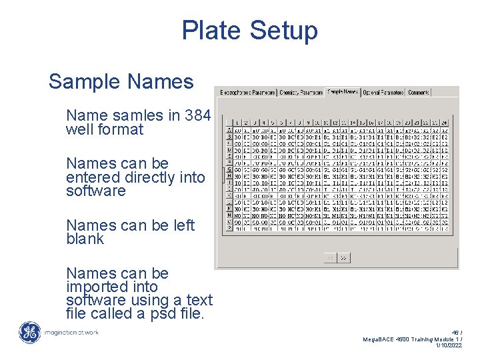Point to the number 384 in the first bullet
tap(198, 115)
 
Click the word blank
tap(85, 239)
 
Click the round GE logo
tap(29, 332)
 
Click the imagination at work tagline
tap(71, 332)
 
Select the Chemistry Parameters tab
tap(301, 92)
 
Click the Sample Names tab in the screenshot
tap(343, 91)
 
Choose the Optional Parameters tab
tap(383, 92)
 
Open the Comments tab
tap(418, 92)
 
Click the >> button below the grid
tap(344, 257)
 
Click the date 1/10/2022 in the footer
tap(449, 346)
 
